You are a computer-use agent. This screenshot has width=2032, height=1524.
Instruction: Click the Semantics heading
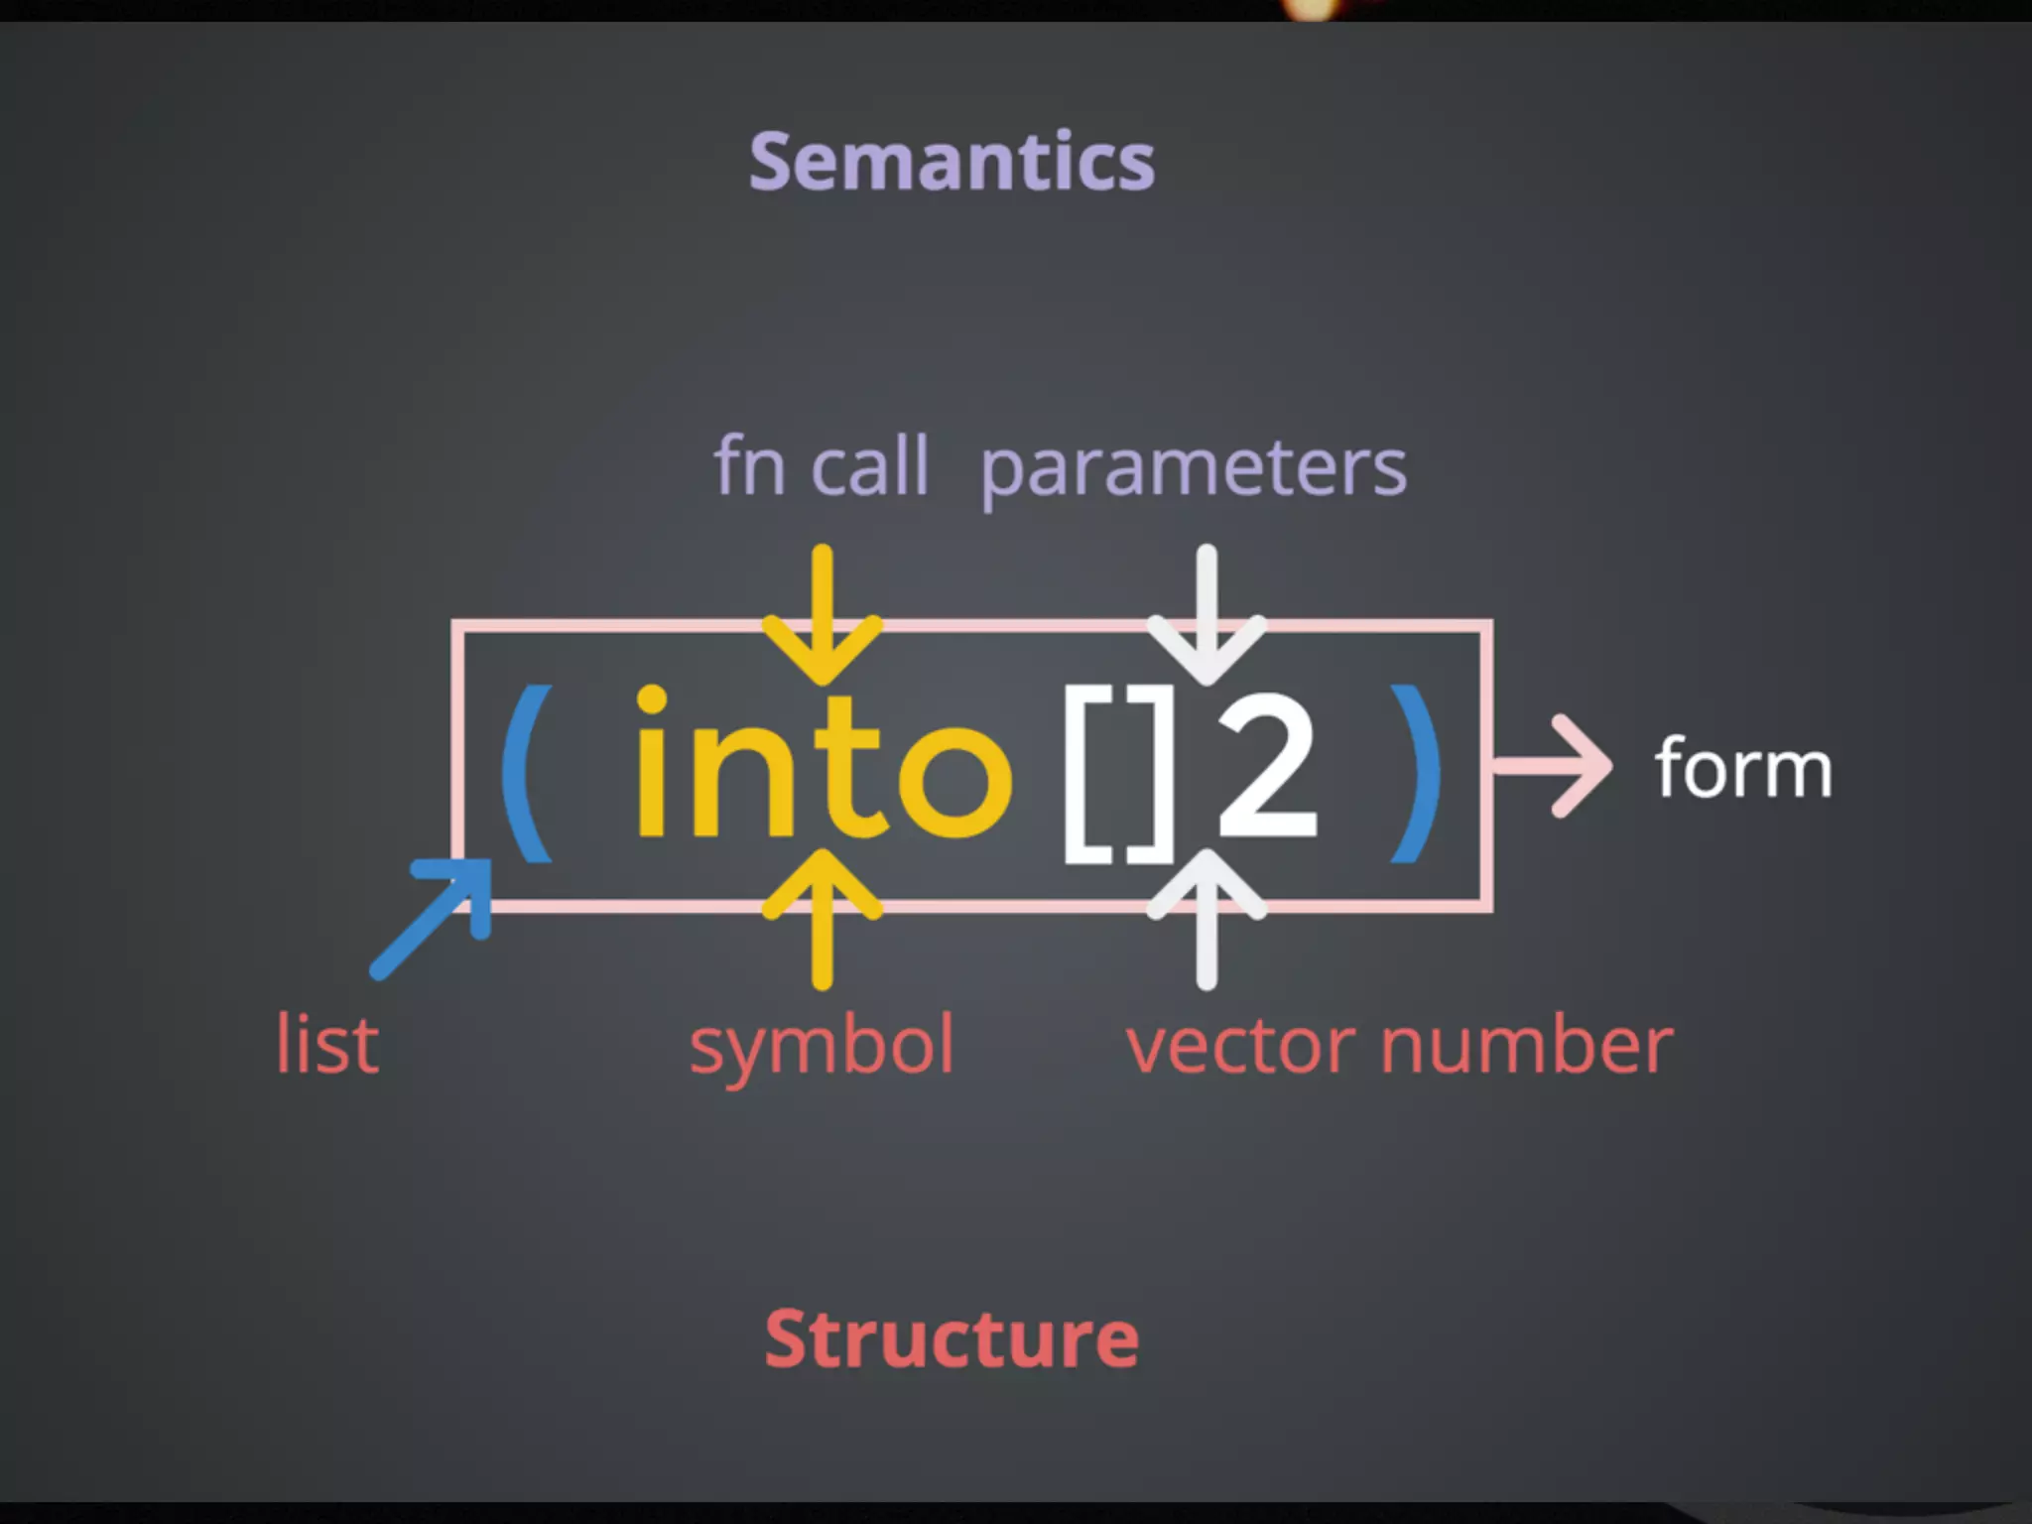click(952, 162)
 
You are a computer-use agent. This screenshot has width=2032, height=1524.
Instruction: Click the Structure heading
click(952, 1339)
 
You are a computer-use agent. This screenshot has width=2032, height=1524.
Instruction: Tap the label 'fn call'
click(821, 465)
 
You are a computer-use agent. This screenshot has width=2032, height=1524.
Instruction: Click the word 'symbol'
click(822, 1047)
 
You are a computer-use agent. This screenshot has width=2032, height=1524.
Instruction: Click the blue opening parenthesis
click(526, 773)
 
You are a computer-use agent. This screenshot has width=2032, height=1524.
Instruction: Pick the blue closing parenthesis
click(1416, 773)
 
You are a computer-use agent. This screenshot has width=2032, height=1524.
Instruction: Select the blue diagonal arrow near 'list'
click(433, 917)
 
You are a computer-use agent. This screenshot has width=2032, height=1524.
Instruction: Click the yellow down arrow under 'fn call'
click(822, 615)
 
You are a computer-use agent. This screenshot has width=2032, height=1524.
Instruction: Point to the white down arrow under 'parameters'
click(1206, 615)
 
